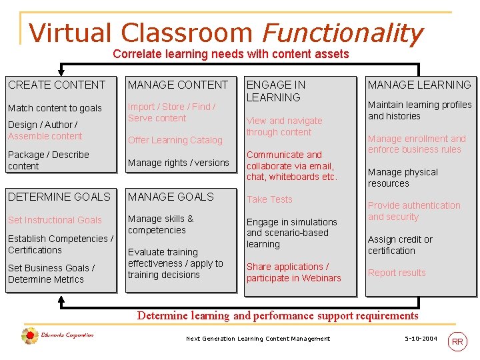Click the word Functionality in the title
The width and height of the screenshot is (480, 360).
pos(343,33)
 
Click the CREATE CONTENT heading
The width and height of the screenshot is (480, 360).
pos(57,85)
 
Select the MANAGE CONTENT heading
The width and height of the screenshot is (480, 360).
pos(178,85)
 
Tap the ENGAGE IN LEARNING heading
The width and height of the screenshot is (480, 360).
pos(276,91)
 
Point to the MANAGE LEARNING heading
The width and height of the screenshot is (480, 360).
pos(419,85)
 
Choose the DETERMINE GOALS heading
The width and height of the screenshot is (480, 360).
pos(59,197)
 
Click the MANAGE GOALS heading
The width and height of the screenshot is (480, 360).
pos(171,197)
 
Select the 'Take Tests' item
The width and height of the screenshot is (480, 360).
pos(269,199)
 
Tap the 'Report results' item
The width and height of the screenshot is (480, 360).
pos(397,273)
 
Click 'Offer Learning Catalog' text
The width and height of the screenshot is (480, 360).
pos(175,140)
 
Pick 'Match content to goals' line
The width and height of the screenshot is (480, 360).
pos(55,108)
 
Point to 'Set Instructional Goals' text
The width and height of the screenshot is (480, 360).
pos(55,220)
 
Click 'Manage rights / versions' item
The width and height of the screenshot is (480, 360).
pos(178,163)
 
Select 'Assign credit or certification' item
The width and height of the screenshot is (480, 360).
pos(400,245)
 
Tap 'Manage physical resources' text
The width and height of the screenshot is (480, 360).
pos(403,177)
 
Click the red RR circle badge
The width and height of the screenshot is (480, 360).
pos(457,341)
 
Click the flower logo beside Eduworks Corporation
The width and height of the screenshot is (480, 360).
pos(29,337)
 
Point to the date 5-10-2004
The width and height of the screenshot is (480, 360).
pos(421,339)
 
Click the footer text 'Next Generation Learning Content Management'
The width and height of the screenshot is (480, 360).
pos(258,339)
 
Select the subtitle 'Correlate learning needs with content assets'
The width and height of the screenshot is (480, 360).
pos(231,54)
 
